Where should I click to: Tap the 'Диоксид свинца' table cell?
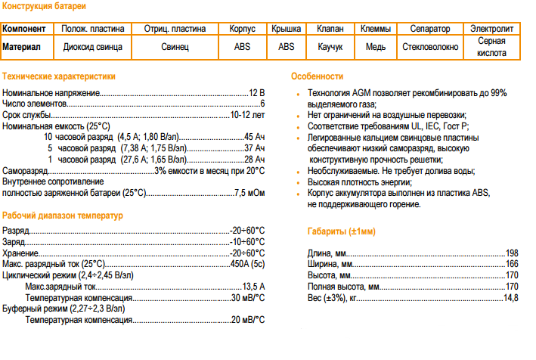click(x=94, y=46)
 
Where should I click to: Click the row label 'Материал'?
click(x=28, y=46)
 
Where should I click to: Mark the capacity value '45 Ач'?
click(x=255, y=137)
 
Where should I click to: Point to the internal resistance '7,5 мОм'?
click(x=250, y=194)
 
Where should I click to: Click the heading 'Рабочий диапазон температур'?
click(x=62, y=215)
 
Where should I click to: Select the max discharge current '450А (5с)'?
click(x=247, y=263)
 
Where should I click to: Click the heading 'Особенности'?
click(x=317, y=76)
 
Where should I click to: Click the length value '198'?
click(x=512, y=252)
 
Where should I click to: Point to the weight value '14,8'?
click(x=512, y=298)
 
